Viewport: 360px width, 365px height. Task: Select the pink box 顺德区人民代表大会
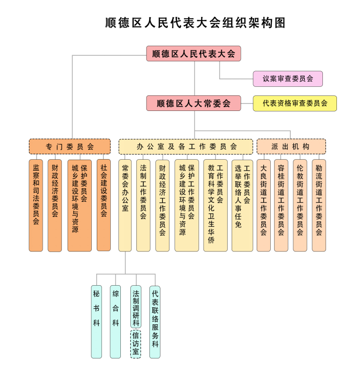pos(194,54)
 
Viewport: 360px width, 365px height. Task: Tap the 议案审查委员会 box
pos(288,78)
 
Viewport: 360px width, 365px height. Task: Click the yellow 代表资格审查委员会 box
pos(295,103)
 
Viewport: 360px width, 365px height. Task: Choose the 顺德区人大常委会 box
pos(194,103)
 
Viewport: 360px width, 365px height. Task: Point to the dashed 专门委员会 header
pos(70,147)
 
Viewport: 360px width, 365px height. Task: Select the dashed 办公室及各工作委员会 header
pos(186,147)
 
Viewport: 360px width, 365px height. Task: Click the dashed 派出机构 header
pos(291,147)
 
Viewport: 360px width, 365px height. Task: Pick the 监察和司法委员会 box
pos(36,205)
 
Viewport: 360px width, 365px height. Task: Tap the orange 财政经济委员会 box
pos(55,205)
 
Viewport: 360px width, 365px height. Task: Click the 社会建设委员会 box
pos(104,205)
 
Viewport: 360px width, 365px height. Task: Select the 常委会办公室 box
pos(125,205)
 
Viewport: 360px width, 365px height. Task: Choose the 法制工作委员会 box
pos(143,205)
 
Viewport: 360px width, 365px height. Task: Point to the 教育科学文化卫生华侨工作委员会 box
pos(215,205)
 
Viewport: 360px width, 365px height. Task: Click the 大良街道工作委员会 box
pos(263,205)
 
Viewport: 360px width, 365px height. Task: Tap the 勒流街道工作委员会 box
pos(318,205)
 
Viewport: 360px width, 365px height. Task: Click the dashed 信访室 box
pos(135,343)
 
